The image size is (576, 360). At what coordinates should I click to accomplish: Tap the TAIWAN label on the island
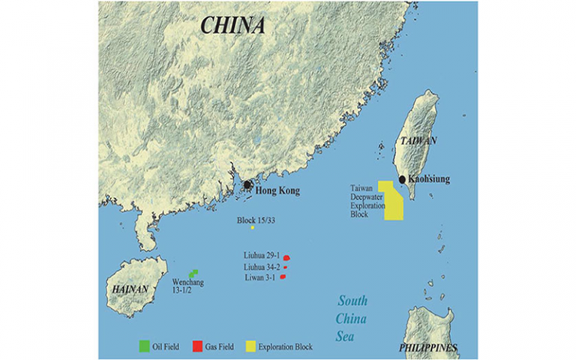pos(418,140)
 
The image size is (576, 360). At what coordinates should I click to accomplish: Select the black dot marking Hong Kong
pos(247,184)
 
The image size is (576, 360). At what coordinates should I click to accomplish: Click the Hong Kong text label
pos(277,191)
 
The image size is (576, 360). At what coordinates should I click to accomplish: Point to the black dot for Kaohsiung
pos(403,179)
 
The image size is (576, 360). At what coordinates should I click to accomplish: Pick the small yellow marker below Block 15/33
pos(253,227)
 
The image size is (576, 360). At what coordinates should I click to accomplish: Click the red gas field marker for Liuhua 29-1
pos(286,258)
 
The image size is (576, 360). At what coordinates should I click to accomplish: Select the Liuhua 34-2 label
pos(262,267)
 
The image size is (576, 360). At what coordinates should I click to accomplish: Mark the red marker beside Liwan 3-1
pos(283,277)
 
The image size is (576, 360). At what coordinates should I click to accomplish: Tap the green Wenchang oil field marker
pos(193,274)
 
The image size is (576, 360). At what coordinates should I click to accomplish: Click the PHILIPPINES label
pos(429,347)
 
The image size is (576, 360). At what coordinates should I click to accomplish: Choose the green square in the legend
pos(142,346)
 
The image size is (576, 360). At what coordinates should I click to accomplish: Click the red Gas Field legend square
pos(197,346)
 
